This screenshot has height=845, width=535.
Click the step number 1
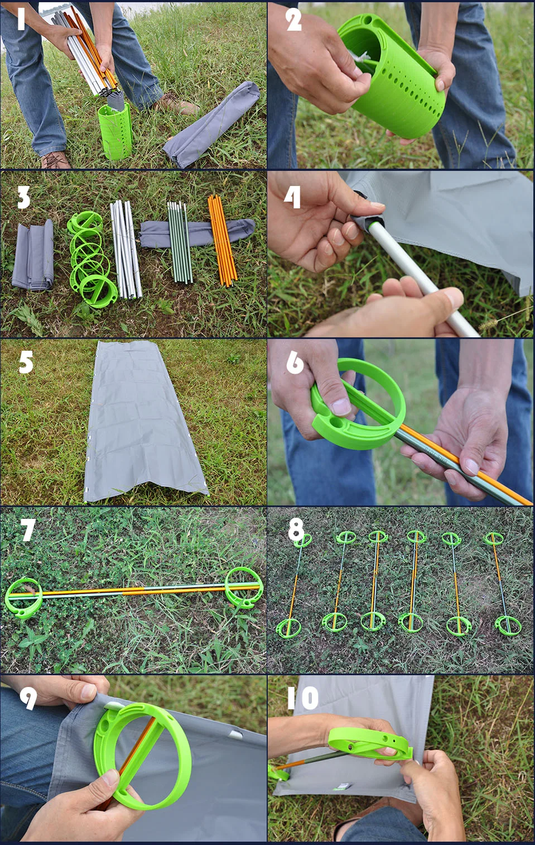tap(21, 19)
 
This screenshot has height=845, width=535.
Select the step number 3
tap(23, 197)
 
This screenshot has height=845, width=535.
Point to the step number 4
tap(292, 197)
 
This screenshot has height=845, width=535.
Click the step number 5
tap(26, 362)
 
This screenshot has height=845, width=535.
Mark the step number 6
tap(295, 362)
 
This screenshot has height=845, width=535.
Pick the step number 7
tap(28, 529)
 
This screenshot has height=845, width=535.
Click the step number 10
tap(302, 698)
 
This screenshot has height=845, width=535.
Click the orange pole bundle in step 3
tap(223, 240)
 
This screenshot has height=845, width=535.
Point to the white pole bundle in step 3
tap(126, 249)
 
